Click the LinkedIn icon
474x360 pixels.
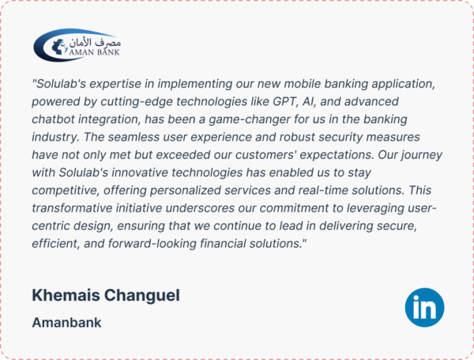tap(424, 307)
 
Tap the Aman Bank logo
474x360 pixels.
tap(77, 45)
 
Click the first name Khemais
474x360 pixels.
tap(66, 295)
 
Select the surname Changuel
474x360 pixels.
tap(142, 295)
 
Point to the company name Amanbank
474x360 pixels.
tap(66, 323)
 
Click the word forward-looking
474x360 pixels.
tap(152, 244)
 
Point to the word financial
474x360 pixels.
tap(223, 243)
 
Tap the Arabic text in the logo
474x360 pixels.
tap(95, 43)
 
